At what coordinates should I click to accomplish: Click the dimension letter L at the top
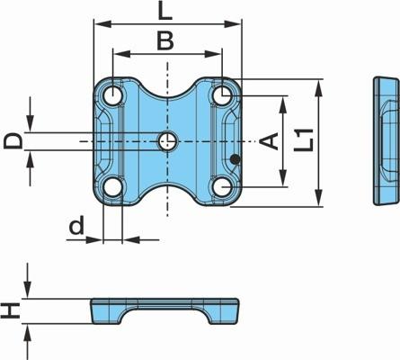tap(165, 12)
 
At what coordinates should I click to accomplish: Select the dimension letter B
tap(165, 41)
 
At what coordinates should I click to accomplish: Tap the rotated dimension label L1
tap(304, 139)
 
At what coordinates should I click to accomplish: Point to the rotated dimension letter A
tap(269, 141)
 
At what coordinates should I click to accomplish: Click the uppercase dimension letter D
tap(13, 141)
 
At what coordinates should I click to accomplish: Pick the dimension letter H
tap(11, 310)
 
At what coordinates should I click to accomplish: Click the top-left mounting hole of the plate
tap(112, 95)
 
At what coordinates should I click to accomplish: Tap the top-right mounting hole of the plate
tap(222, 95)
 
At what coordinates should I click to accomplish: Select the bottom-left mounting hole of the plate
tap(112, 187)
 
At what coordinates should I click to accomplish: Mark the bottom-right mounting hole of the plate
tap(222, 187)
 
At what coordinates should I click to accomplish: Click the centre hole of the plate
tap(168, 141)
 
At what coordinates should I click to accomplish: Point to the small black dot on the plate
tap(236, 159)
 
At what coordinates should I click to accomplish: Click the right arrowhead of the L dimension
tap(233, 24)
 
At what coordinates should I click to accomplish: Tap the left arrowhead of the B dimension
tap(121, 54)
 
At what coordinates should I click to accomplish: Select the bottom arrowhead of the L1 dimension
tap(319, 198)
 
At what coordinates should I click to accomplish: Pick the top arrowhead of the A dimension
tap(283, 104)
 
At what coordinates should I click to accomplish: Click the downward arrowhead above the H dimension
tap(28, 290)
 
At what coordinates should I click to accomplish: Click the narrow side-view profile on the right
tap(387, 141)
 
